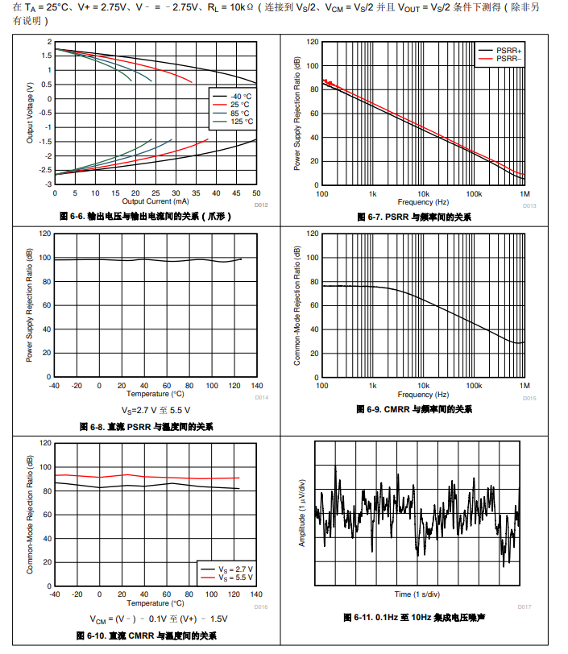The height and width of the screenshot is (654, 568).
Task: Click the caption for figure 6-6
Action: (x=145, y=217)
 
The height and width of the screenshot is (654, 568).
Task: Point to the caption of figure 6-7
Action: (x=414, y=217)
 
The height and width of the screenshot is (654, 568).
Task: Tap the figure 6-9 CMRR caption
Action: (x=414, y=410)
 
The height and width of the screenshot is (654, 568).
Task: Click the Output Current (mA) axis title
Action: (x=155, y=201)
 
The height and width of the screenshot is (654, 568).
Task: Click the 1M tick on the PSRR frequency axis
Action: (x=524, y=194)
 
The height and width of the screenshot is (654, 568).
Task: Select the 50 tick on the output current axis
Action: (x=256, y=193)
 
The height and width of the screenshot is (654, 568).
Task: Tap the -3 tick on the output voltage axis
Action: (x=48, y=184)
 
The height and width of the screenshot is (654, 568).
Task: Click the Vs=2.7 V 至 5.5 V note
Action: (x=155, y=409)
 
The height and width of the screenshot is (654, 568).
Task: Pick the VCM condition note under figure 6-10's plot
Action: (x=155, y=619)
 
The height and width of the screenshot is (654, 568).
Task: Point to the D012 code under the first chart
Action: (x=260, y=205)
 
